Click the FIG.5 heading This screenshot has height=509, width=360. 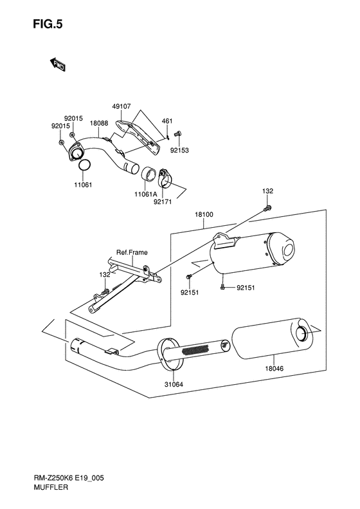coord(48,24)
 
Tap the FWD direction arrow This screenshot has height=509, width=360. coord(58,64)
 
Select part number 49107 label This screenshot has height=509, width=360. coord(122,106)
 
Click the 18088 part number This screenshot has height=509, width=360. coord(99,124)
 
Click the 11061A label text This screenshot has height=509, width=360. coord(146,194)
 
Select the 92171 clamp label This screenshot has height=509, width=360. coord(163,202)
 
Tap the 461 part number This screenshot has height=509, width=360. coord(167,121)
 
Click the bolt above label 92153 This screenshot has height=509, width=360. coord(177,133)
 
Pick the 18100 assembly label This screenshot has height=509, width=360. coord(204,214)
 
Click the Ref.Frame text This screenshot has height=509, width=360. coord(132,252)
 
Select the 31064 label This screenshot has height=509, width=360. coord(174,384)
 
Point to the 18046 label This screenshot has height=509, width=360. coord(274,369)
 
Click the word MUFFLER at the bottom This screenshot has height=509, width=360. coord(51,487)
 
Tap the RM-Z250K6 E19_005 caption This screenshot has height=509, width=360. coord(68,478)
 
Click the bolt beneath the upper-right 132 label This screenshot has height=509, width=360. coord(268,208)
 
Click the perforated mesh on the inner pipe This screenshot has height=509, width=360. coord(197,350)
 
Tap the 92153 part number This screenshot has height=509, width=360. coord(179,151)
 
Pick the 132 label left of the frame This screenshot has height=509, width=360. coord(105,275)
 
